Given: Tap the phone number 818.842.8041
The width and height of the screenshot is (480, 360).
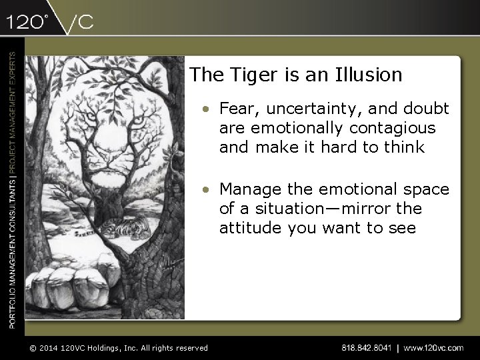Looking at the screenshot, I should tap(367, 347).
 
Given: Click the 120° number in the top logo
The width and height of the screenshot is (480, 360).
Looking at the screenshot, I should tap(27, 22).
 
